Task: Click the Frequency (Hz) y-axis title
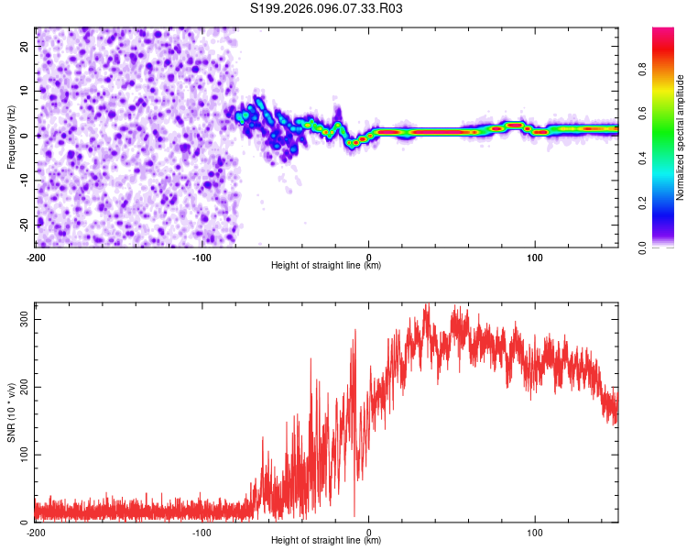(x=11, y=137)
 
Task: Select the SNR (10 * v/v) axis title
(x=11, y=412)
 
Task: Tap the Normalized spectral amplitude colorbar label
(x=680, y=137)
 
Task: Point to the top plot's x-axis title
(x=326, y=265)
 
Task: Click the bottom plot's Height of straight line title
(x=326, y=540)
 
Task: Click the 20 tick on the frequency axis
(x=25, y=46)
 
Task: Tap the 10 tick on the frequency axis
(x=25, y=91)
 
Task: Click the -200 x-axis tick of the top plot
(x=35, y=256)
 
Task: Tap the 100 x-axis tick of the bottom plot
(x=535, y=531)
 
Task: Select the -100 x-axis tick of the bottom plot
(x=202, y=531)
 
